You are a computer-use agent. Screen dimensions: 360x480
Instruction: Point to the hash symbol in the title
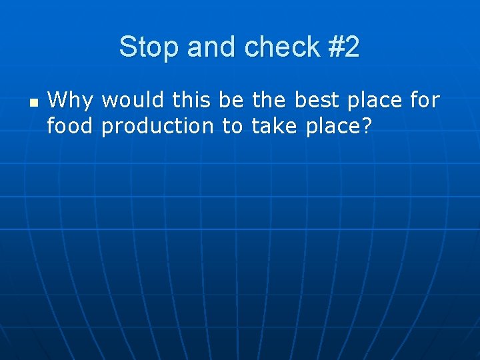click(335, 47)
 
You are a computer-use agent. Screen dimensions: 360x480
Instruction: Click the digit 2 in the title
click(352, 47)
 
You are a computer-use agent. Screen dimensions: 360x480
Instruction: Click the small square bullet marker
click(34, 103)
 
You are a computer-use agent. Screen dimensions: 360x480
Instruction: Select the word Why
click(71, 101)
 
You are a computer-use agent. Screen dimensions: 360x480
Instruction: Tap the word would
click(134, 101)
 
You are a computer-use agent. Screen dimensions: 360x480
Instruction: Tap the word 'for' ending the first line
click(425, 101)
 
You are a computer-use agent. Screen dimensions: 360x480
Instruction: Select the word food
click(70, 125)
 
